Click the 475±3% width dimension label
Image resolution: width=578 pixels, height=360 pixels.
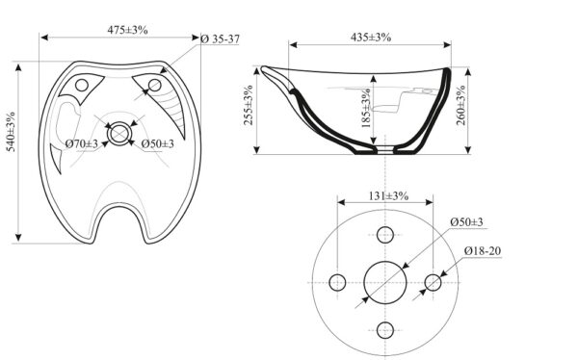pos(127,30)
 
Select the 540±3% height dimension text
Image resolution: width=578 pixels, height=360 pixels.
pos(11,132)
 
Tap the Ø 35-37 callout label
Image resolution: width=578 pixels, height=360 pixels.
pos(221,39)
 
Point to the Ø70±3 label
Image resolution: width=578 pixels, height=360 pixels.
pos(82,143)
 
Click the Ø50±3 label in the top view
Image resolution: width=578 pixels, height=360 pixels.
pos(157,143)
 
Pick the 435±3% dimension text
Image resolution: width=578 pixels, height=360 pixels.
pos(371,38)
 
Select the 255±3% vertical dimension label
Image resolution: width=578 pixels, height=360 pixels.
pos(249,105)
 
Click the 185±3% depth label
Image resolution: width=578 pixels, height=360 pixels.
pos(366,108)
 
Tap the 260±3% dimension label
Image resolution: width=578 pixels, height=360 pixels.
pos(461,105)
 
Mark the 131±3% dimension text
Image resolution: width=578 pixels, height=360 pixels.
pos(388,195)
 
